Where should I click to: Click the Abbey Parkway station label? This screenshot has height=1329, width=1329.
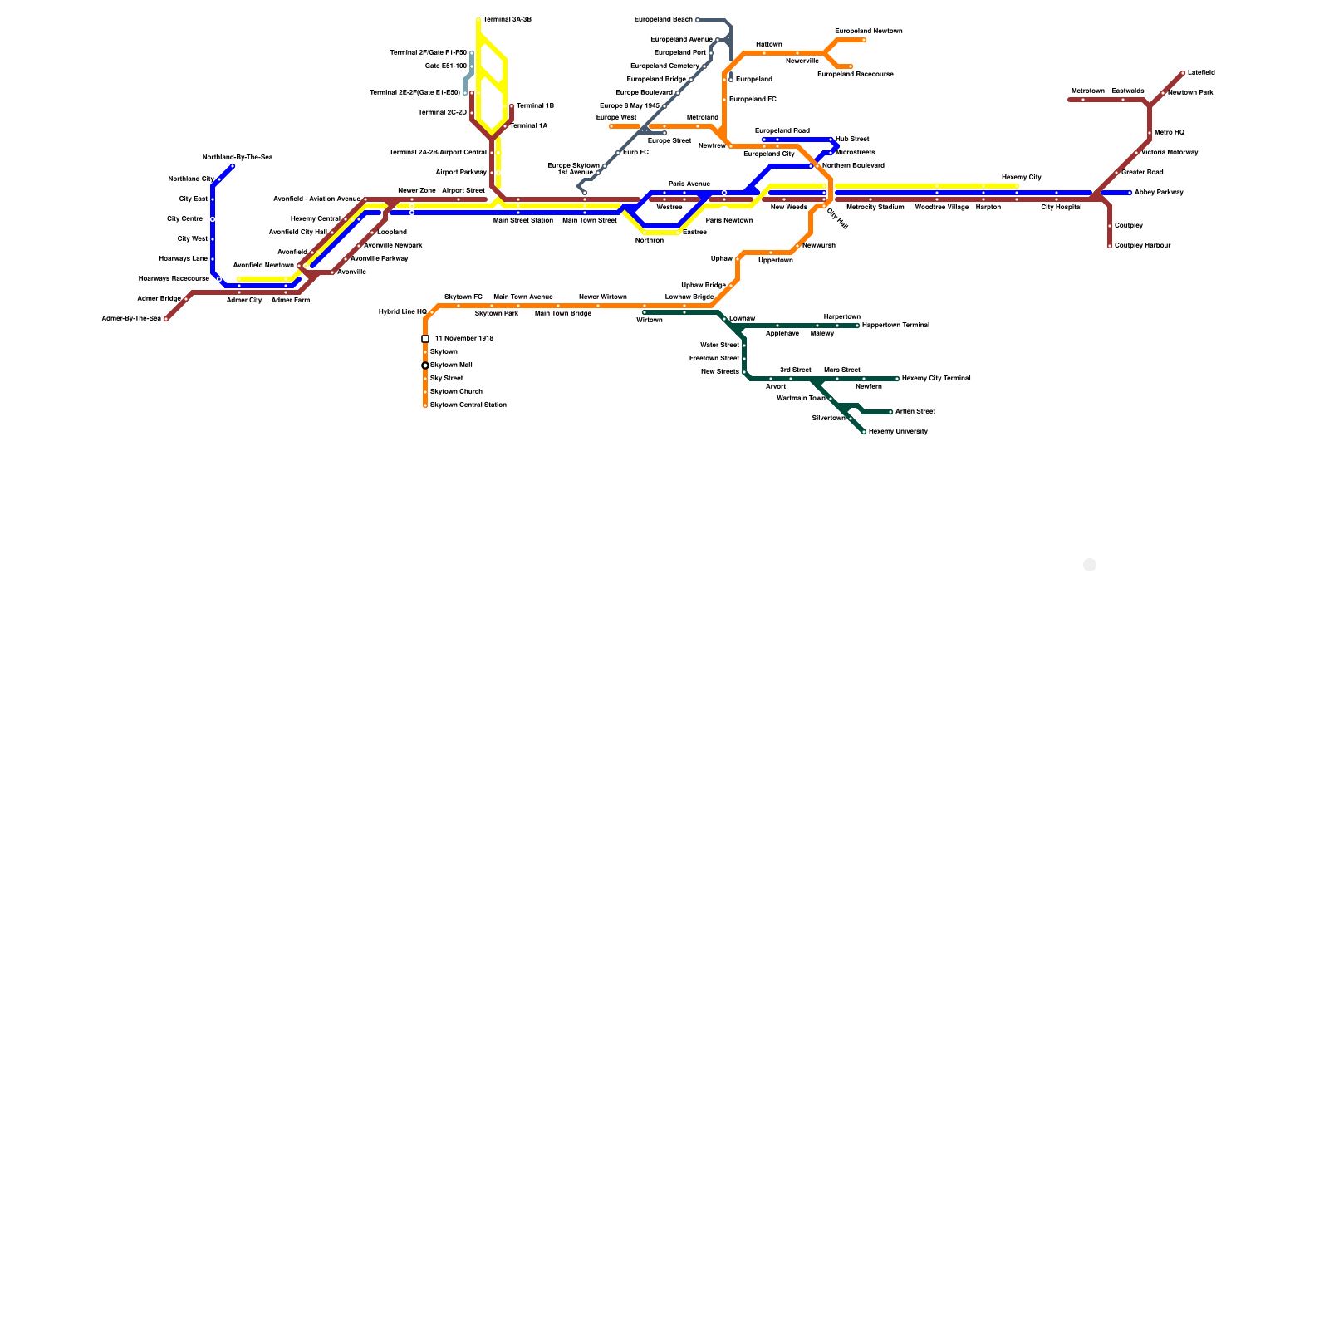1159,193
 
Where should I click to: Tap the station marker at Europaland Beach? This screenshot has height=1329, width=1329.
698,20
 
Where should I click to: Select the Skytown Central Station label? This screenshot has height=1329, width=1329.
468,405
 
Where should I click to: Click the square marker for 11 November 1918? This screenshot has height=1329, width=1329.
425,339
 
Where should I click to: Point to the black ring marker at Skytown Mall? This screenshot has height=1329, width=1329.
425,365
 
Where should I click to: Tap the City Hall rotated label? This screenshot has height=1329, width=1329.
837,218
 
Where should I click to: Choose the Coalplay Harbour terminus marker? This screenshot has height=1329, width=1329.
1110,246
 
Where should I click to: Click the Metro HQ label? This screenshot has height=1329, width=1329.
1170,133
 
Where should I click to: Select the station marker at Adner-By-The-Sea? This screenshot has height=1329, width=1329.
166,319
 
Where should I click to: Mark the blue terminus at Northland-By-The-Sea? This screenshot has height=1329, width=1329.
233,166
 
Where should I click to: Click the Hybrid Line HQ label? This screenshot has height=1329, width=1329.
403,312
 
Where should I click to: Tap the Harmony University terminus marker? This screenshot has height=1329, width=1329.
864,432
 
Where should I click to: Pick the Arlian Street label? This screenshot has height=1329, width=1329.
915,412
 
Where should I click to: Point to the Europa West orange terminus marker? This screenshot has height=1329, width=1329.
611,126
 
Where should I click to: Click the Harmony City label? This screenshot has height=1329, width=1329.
1022,178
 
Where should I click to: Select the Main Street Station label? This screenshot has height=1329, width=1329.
523,221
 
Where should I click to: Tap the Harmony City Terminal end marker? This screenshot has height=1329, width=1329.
897,379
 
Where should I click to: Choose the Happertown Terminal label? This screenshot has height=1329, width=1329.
895,326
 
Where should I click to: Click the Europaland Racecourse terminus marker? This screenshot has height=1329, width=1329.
851,66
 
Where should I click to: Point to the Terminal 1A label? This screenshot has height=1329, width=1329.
529,126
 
